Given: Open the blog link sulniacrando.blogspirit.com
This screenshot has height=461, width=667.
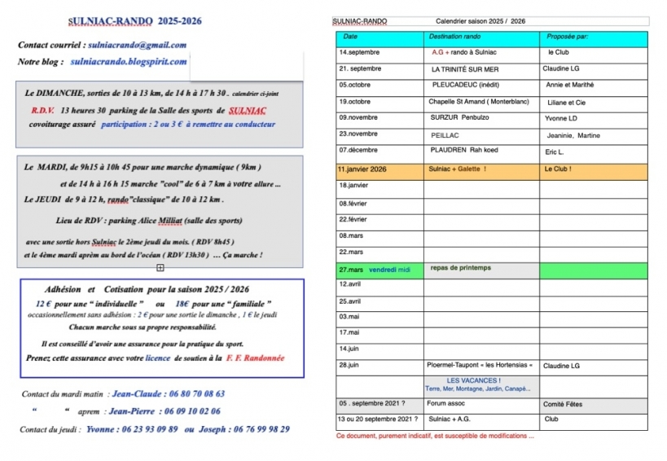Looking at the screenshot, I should tap(129, 62).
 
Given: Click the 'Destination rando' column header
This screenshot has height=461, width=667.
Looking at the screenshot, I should tap(454, 37).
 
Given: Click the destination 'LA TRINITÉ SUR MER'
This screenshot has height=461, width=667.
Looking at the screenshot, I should tap(465, 69).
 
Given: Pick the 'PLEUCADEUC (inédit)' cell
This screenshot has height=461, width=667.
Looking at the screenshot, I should tap(467, 85).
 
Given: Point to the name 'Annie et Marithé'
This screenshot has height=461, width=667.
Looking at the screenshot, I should tap(570, 85).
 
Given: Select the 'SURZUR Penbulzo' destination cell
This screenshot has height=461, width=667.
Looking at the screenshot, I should tap(460, 117).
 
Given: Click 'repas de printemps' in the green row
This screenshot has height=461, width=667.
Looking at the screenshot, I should tap(460, 268).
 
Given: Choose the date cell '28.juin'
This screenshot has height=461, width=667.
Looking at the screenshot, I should tap(351, 365).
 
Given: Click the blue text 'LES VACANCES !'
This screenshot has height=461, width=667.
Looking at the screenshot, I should tap(474, 380).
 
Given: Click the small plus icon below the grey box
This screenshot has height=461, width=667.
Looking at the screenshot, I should tap(160, 267).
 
